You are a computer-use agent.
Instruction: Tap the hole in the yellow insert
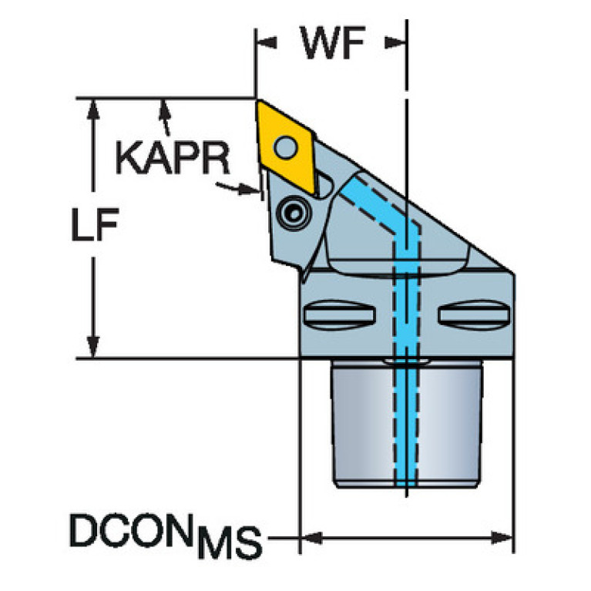(287, 144)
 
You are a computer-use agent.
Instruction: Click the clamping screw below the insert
(293, 213)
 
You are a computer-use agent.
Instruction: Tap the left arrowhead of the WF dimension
(265, 42)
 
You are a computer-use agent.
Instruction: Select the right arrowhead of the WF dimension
(398, 42)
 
